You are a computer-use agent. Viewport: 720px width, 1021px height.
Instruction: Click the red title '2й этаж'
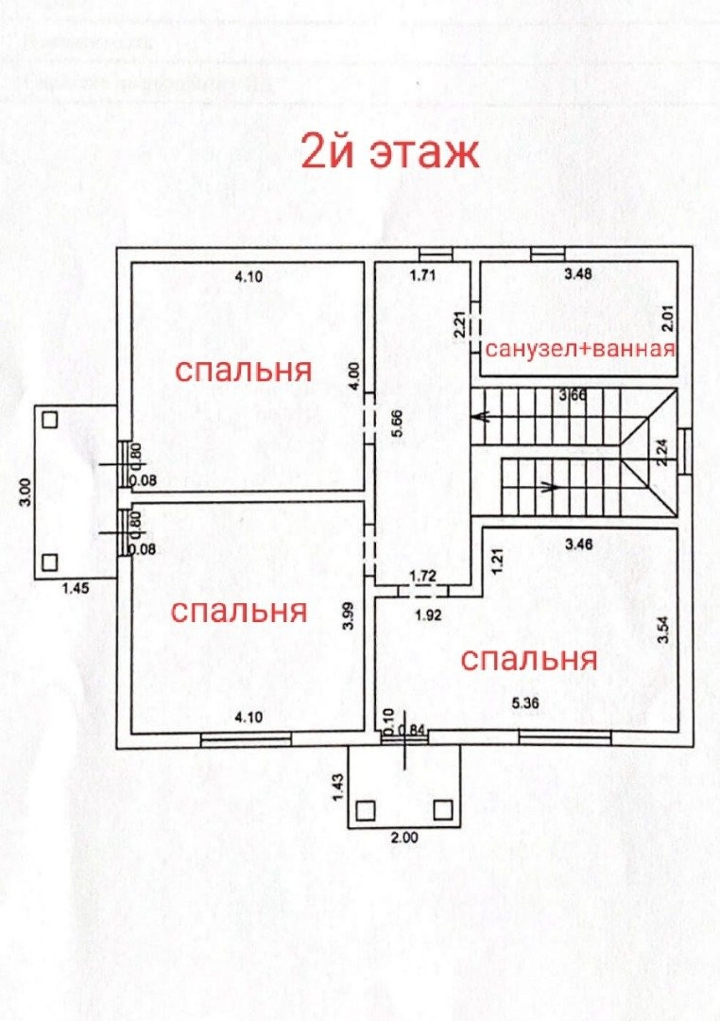tap(390, 152)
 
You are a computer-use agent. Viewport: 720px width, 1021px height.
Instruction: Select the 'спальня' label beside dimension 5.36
tap(528, 659)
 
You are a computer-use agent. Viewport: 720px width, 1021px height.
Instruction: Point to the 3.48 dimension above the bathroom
tap(579, 275)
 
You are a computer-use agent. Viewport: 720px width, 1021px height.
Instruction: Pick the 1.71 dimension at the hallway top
tap(424, 276)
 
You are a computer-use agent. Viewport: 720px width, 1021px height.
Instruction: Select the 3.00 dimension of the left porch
tap(26, 492)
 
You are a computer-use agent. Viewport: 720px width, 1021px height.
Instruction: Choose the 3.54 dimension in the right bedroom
tap(663, 630)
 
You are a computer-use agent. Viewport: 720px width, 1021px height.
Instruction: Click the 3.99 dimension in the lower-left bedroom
tap(349, 616)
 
